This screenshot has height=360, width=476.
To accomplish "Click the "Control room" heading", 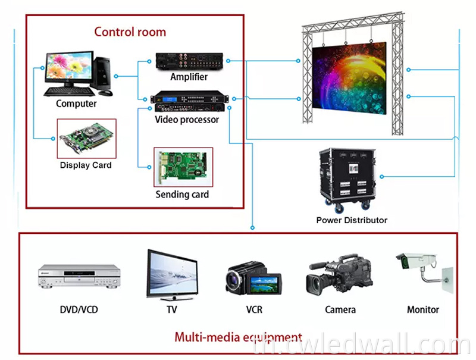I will [x=130, y=32].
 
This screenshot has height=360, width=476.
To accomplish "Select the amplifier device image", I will [x=189, y=61].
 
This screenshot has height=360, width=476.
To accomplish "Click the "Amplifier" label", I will [x=189, y=77].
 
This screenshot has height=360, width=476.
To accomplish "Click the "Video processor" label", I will [x=187, y=120].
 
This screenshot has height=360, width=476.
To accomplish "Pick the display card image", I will [x=86, y=139].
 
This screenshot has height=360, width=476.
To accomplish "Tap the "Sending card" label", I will [x=182, y=195].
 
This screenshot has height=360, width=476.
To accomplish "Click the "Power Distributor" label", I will [x=352, y=220].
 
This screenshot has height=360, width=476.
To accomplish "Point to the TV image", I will [x=172, y=274].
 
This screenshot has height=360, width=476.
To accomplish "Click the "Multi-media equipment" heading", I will [x=238, y=337].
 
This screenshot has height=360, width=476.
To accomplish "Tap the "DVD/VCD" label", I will [x=79, y=310].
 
